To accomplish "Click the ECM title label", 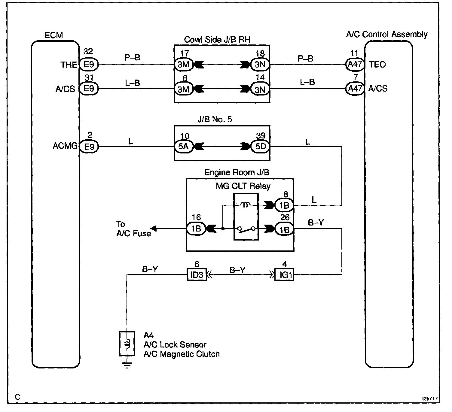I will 54,35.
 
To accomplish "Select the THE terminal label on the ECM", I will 69,65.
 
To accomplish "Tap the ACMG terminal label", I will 65,146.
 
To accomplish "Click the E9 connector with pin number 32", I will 89,65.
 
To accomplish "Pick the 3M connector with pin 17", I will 183,65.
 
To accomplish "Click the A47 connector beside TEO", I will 355,64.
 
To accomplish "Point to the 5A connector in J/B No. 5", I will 183,147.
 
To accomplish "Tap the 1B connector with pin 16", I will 196,229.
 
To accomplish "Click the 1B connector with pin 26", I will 284,229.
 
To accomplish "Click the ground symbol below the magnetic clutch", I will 127,365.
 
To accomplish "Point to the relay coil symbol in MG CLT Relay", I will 246,205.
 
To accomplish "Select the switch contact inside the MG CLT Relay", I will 246,229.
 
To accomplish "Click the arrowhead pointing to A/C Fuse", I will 154,229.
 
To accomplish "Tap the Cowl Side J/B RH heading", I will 217,40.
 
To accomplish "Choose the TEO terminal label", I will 377,65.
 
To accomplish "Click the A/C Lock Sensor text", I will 175,344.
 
